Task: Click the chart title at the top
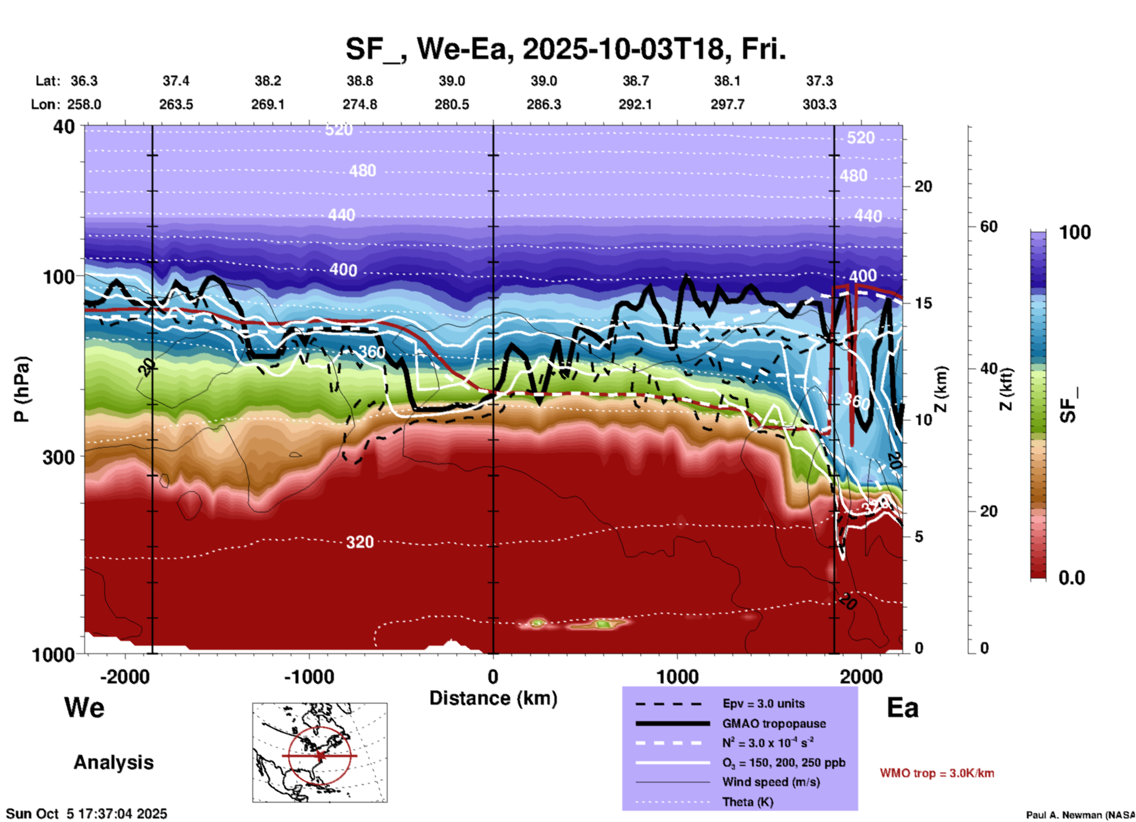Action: (565, 49)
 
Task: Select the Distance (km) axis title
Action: (493, 698)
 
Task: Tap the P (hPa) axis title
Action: (22, 389)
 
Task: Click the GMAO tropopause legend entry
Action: (774, 724)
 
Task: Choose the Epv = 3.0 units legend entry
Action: (763, 703)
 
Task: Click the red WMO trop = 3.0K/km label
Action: (937, 773)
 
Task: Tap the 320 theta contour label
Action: (359, 542)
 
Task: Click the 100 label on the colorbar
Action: (1075, 232)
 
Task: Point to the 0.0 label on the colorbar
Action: (1072, 577)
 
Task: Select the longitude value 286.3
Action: (543, 104)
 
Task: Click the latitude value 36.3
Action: (84, 81)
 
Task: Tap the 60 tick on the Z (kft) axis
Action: (989, 226)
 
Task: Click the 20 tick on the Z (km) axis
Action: (923, 186)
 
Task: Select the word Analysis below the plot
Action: (113, 762)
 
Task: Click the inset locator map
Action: (320, 752)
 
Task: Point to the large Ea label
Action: (902, 708)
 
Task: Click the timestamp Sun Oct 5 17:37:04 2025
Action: (87, 814)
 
